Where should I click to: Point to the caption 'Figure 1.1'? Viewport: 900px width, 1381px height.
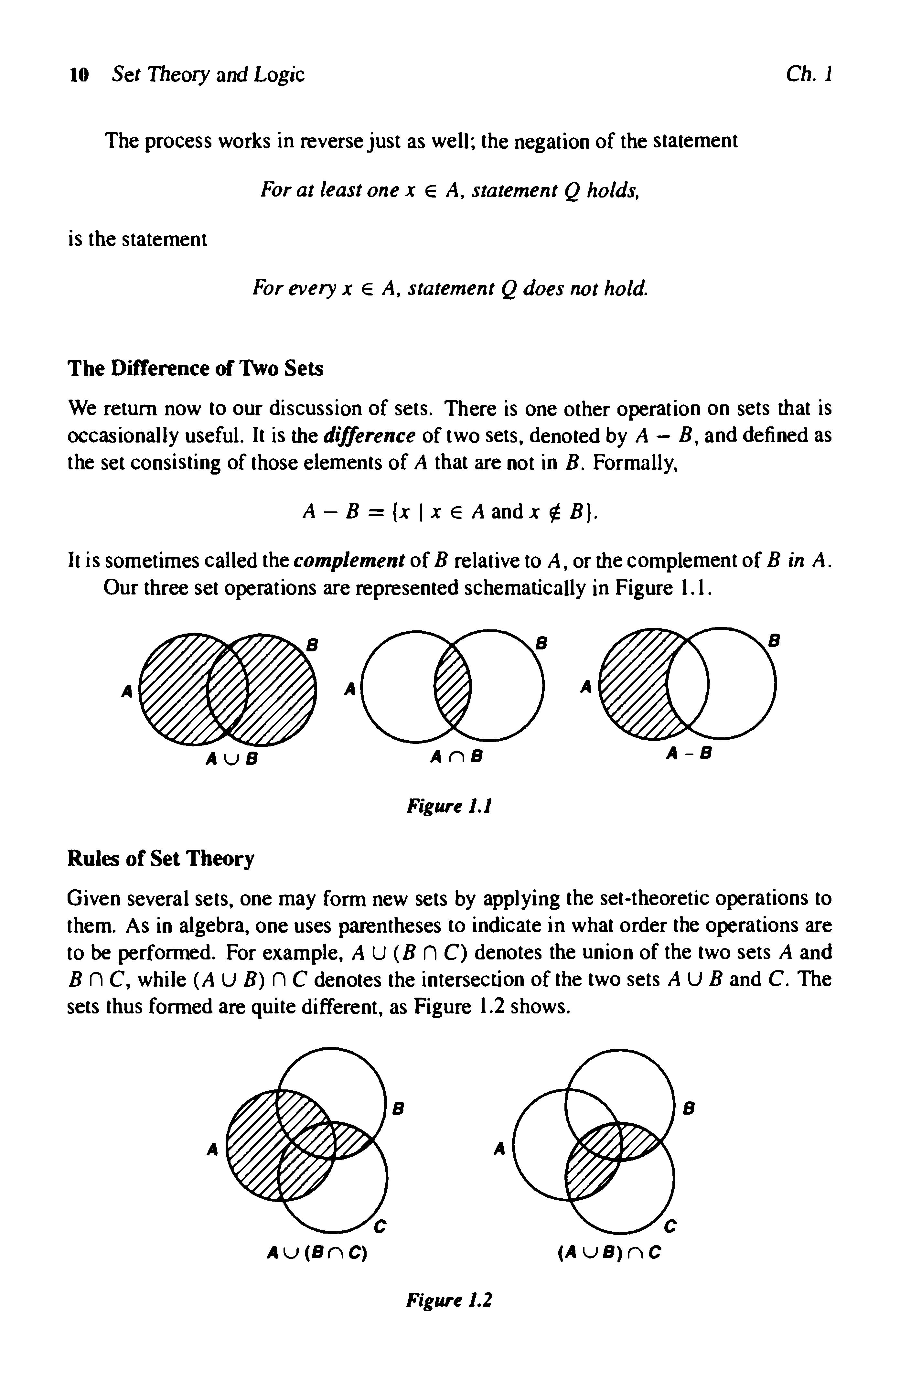pos(449,806)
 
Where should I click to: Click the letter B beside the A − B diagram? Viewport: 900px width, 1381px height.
pos(774,641)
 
